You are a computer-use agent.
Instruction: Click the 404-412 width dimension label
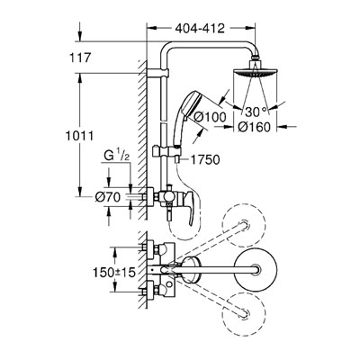pyautogui.click(x=200, y=29)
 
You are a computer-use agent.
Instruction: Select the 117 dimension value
pyautogui.click(x=80, y=58)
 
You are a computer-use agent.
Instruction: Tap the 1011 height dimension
pyautogui.click(x=80, y=136)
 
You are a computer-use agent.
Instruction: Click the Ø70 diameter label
pyautogui.click(x=108, y=197)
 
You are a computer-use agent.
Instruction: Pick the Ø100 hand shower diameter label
pyautogui.click(x=210, y=117)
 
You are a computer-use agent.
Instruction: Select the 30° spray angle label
pyautogui.click(x=256, y=112)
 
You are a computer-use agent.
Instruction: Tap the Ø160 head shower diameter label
pyautogui.click(x=255, y=127)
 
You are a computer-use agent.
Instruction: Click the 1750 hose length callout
pyautogui.click(x=206, y=159)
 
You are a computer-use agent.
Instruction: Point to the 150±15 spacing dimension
pyautogui.click(x=114, y=273)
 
